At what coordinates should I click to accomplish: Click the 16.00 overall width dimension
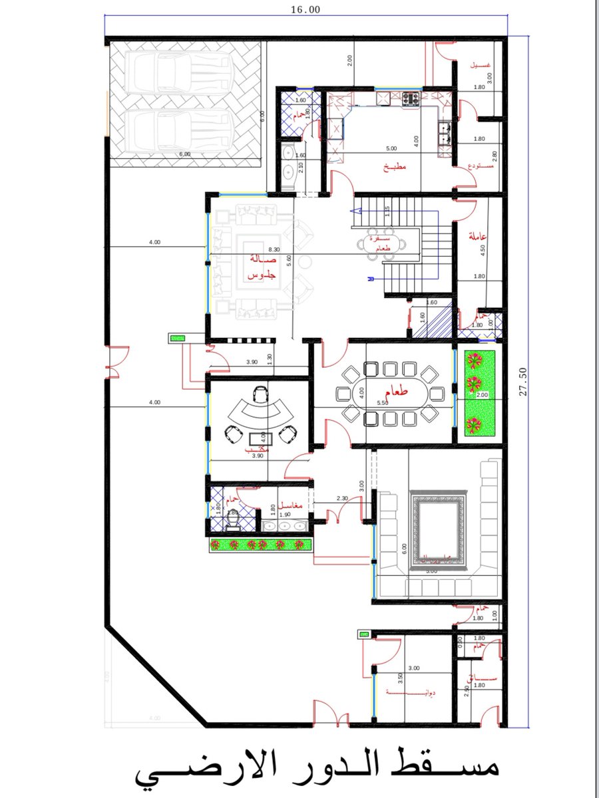pos(305,9)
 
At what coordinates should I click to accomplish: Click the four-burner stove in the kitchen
pos(409,99)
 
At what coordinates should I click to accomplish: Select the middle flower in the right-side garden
pos(474,384)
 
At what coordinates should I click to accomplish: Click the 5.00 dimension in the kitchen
pos(391,148)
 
